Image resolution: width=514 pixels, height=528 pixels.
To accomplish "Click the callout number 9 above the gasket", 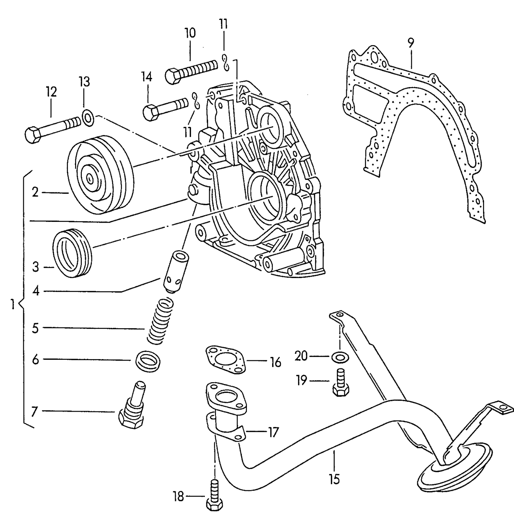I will tap(411, 43).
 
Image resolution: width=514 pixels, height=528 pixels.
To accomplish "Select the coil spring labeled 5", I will tap(160, 321).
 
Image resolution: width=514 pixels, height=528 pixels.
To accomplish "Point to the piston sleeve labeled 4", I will tap(175, 272).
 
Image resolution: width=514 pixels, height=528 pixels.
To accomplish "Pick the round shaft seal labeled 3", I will tap(73, 253).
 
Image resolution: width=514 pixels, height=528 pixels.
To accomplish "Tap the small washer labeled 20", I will tap(340, 357).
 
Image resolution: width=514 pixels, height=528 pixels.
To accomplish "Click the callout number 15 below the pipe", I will tap(334, 479).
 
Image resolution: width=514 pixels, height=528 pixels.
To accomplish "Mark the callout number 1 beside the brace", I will tap(12, 304).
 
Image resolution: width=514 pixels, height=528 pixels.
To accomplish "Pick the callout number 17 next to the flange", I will tap(273, 433).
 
